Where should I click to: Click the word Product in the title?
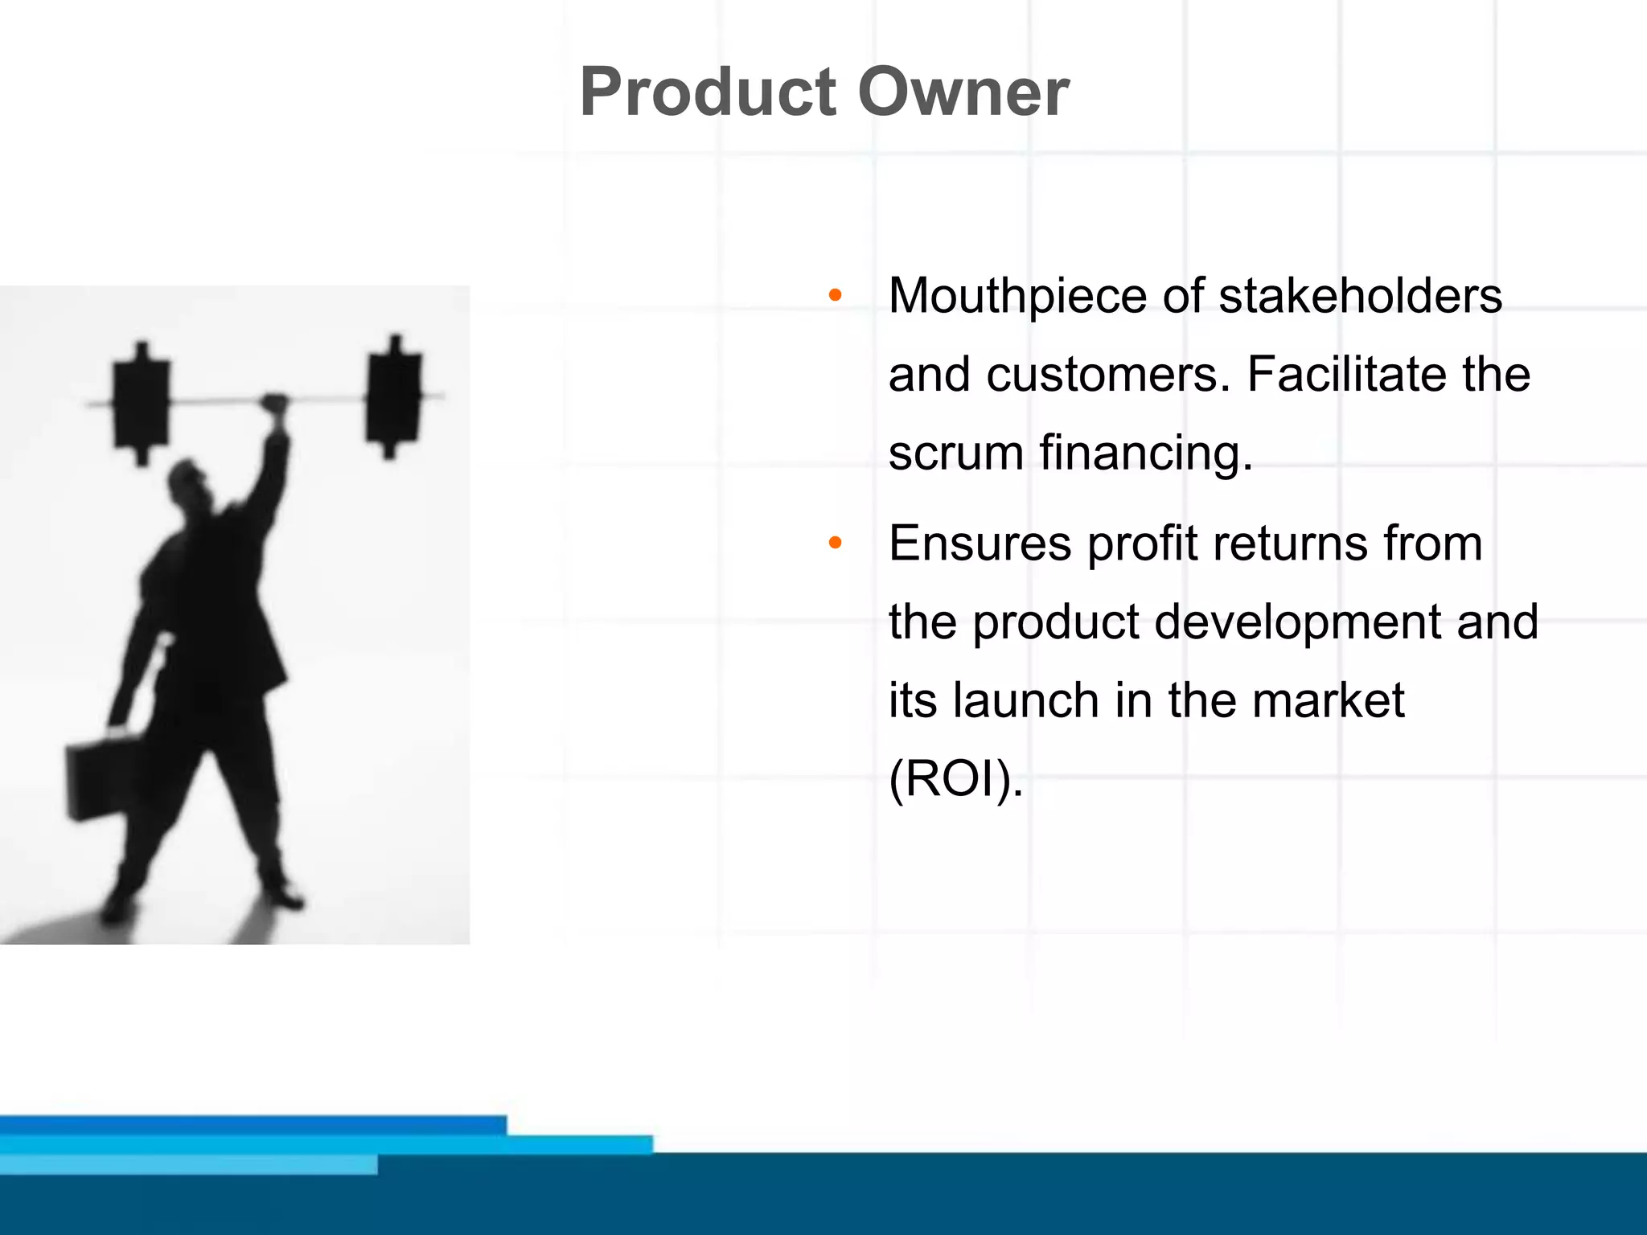tap(708, 92)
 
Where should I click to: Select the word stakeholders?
tap(1360, 295)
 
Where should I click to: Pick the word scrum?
tap(955, 453)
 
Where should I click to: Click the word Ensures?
tap(980, 543)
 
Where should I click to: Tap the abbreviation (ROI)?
tap(955, 779)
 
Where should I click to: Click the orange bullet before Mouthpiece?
tap(835, 296)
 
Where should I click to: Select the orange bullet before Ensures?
tap(835, 544)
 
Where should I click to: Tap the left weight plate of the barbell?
tap(142, 402)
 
